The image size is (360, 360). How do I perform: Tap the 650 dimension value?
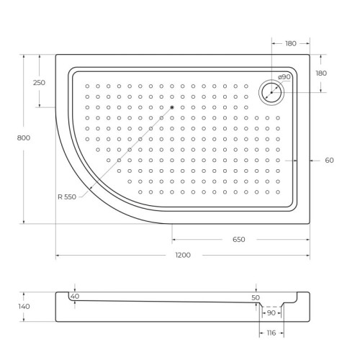coord(239,239)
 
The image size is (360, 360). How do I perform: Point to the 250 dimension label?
coord(39,82)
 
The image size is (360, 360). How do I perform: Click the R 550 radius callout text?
coord(70,197)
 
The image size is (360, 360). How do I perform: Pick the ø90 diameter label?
coord(284,76)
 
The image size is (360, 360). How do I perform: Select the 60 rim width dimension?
coord(328,160)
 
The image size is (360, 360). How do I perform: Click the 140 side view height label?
coord(24,306)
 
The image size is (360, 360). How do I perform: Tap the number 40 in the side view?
coord(75,297)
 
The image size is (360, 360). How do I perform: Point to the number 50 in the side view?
coord(255,297)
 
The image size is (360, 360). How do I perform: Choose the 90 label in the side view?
coord(271,312)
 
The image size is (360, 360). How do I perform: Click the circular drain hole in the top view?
coord(271,91)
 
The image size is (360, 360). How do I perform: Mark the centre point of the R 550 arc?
coord(172,109)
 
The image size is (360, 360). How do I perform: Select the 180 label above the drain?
coord(290,43)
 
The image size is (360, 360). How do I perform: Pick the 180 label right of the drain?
coord(321,73)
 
